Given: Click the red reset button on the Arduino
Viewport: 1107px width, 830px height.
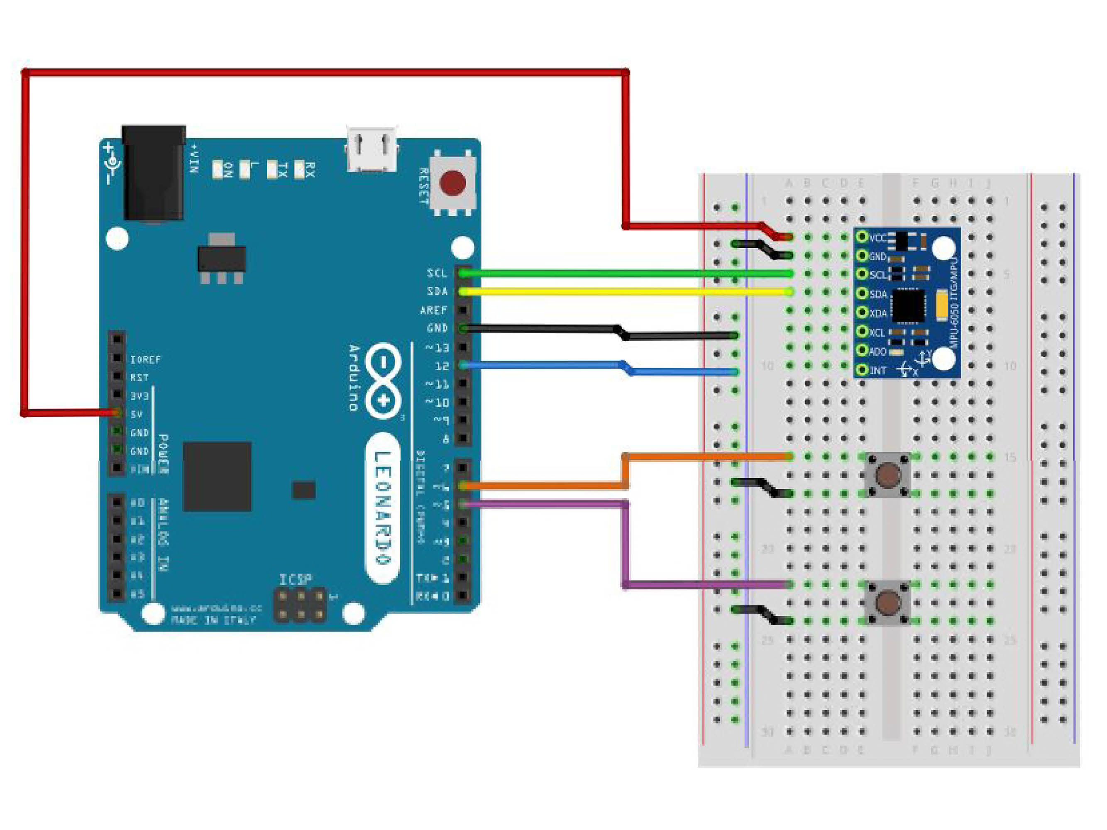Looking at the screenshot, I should [x=453, y=183].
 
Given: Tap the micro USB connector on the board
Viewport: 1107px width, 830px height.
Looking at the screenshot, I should [x=372, y=149].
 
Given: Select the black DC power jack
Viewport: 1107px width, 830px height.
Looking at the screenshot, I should [x=154, y=173].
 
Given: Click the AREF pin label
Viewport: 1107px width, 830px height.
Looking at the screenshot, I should [x=433, y=310].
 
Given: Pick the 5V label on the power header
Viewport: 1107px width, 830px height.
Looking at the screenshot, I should [x=137, y=414].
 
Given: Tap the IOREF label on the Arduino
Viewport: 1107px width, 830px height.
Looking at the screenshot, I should [x=145, y=360].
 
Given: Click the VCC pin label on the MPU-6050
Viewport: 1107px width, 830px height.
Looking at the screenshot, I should [x=878, y=238].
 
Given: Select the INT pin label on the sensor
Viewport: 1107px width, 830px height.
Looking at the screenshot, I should [x=878, y=371].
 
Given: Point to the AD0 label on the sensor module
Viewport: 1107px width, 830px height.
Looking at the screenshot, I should [x=878, y=352].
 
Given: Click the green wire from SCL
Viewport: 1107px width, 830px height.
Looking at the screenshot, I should [x=626, y=273].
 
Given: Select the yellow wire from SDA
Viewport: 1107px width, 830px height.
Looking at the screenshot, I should [x=626, y=292].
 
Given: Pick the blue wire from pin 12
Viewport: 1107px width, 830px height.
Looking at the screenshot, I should [x=550, y=366].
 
